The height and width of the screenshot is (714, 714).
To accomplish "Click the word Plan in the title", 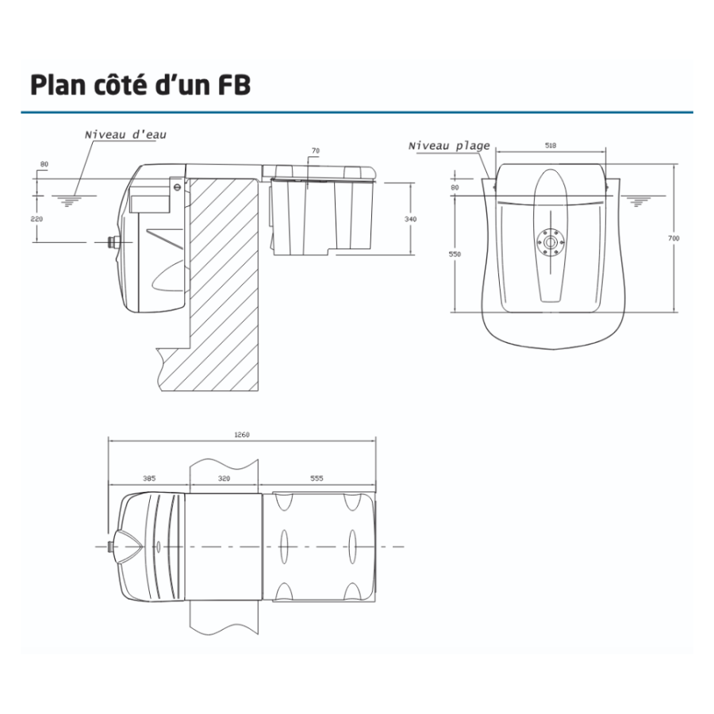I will pos(60,85).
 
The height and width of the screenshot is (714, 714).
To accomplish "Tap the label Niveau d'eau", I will pos(126,136).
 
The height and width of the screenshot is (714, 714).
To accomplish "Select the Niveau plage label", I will pos(448,146).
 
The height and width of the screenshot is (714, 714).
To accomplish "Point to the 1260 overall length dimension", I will pos(244,434).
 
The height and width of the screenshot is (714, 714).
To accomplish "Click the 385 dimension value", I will pos(149,478).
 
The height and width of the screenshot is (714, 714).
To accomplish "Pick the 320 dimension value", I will pos(225,478).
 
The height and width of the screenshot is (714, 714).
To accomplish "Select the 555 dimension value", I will pos(317,478).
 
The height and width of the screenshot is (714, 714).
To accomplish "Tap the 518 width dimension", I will pos(551,146).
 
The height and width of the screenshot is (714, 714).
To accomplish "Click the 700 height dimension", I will pos(674,238).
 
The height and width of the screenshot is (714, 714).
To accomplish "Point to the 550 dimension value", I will pos(455,254).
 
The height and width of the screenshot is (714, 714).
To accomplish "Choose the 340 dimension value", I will pos(410,218).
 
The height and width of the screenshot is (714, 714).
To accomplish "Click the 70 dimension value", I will pos(315,151).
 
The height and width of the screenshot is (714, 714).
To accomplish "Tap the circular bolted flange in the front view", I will pos(549,240).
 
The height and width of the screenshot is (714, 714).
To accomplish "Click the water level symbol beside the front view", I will pos(635,202).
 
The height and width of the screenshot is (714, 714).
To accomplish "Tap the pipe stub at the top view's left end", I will pos(110,547).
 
